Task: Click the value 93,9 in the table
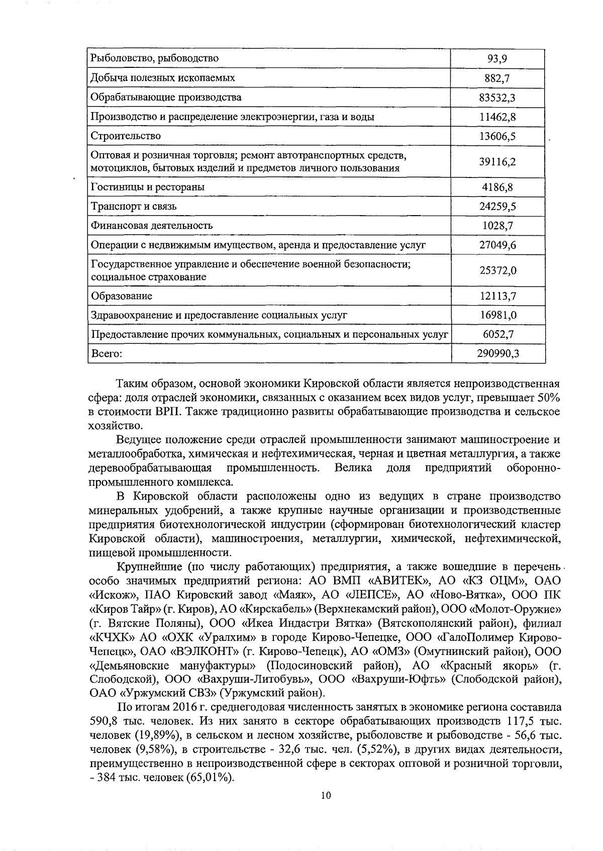point(497,59)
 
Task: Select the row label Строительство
point(126,136)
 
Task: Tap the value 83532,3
point(497,98)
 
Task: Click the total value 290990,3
point(497,354)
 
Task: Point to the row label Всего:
point(107,354)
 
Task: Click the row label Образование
point(121,296)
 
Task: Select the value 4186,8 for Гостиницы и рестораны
point(497,187)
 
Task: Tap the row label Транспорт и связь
point(134,207)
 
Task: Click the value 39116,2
point(497,162)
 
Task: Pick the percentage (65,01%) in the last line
point(211,778)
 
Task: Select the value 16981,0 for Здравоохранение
point(497,316)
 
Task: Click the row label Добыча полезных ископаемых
point(162,78)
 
